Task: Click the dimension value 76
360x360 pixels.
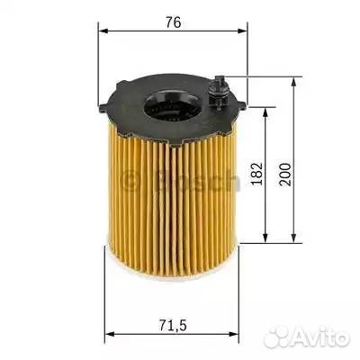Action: [174, 22]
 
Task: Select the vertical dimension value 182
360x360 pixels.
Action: [256, 174]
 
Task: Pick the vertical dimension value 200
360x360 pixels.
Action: [285, 175]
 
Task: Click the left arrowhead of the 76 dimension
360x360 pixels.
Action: [103, 31]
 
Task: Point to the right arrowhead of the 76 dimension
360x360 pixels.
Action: [242, 31]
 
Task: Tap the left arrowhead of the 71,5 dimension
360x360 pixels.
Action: [110, 334]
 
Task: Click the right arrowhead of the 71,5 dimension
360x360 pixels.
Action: [233, 334]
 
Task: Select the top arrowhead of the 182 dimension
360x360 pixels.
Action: [265, 112]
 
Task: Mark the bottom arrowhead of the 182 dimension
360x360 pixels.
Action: [265, 238]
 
